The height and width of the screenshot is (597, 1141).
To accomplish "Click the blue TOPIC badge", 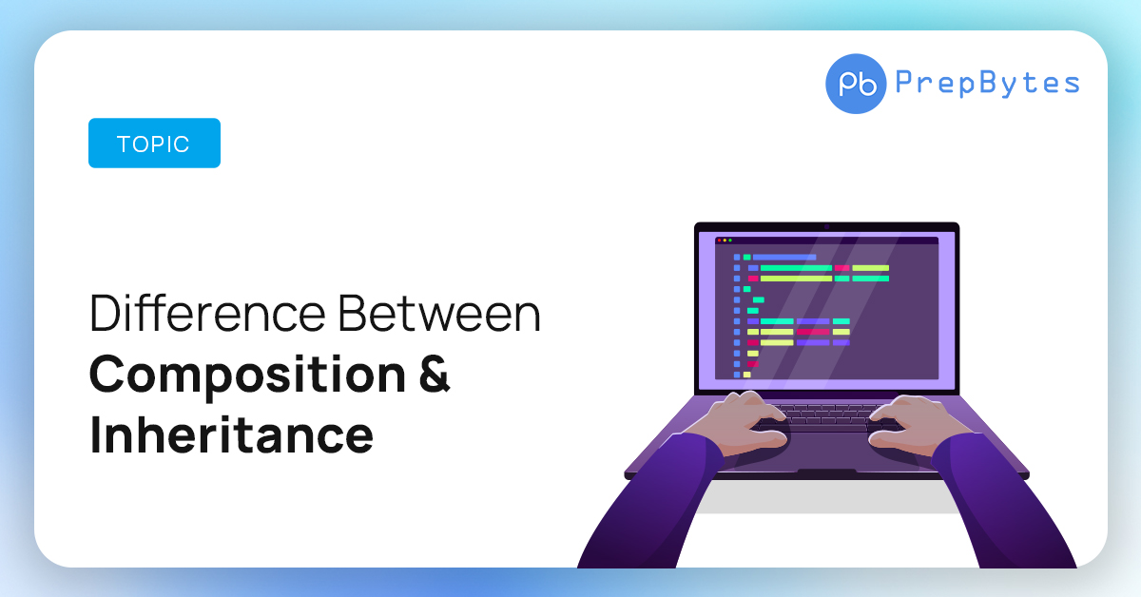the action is pos(154,144).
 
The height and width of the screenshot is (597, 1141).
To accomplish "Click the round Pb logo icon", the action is pos(856,84).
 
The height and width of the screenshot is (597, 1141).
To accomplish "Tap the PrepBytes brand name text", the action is pos(987,83).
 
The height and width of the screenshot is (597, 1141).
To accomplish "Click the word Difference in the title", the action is pos(207,313).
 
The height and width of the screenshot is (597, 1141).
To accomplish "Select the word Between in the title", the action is pos(439,313).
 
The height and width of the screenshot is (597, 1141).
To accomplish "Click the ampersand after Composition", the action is pos(435,374).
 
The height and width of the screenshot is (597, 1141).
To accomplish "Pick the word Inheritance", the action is pos(231,434).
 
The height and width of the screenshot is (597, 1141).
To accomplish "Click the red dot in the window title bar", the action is pos(719,241).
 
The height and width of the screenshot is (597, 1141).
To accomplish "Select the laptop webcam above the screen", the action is pos(826,227).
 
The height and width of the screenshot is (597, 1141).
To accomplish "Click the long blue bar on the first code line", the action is pos(784,258).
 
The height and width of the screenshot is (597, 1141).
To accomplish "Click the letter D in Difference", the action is pos(105,314).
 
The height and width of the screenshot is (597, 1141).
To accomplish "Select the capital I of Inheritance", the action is pos(95,434).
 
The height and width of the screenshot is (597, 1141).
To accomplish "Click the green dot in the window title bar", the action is pos(730,241).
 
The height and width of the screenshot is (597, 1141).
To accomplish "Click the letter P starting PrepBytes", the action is pos(903,82).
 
